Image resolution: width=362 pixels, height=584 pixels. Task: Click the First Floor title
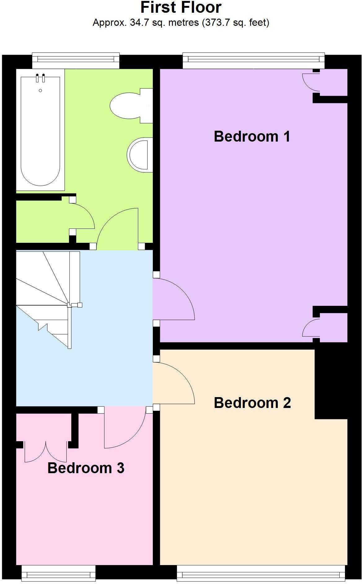[181, 7]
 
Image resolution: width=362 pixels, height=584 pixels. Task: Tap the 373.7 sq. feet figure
[236, 23]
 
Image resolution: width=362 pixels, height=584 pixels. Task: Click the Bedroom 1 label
[252, 137]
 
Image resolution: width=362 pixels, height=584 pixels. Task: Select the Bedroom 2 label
[252, 403]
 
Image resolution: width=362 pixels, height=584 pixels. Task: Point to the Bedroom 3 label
[86, 468]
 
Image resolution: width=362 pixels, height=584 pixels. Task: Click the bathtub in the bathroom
[40, 130]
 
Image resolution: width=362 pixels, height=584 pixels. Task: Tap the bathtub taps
[40, 78]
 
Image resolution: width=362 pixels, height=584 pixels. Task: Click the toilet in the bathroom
[130, 106]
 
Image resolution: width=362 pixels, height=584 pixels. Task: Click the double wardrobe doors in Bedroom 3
[46, 452]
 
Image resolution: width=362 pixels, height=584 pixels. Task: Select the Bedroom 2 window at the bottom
[261, 573]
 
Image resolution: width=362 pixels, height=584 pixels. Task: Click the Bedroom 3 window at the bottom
[59, 573]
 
